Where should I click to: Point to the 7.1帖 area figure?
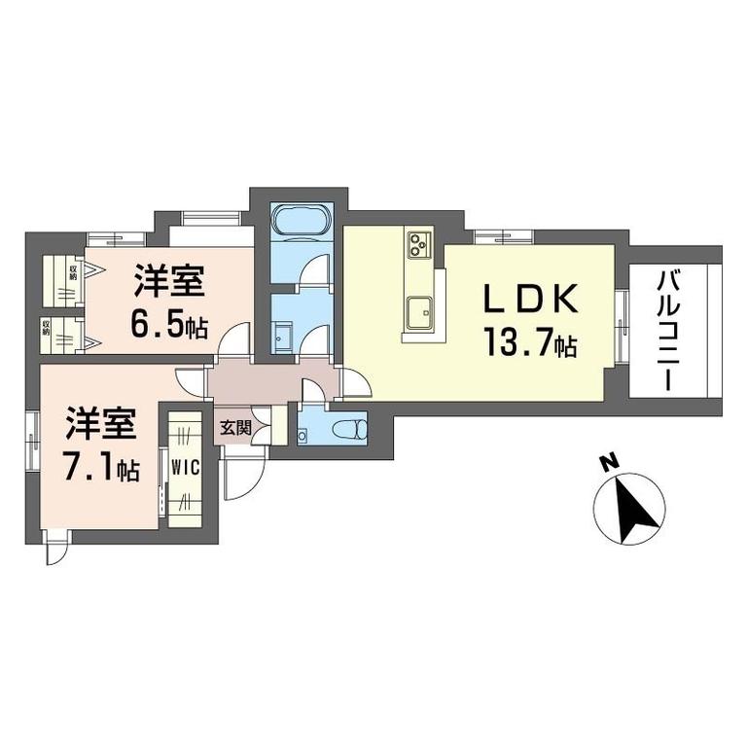pos(101,469)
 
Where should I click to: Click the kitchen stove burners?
pos(420,243)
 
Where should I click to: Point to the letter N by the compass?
pos(606,465)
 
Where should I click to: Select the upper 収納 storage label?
pos(72,270)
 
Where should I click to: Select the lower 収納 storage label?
pos(47,327)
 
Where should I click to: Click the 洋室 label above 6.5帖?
pos(169,283)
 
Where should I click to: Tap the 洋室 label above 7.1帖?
pos(101,426)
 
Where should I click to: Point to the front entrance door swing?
pos(243,476)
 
